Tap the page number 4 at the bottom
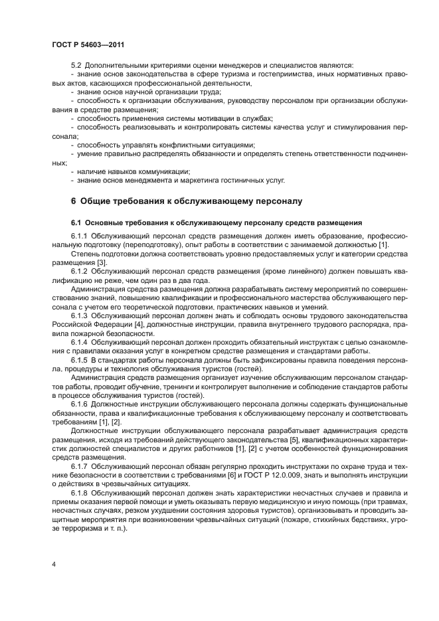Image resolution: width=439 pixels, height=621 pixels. [53, 563]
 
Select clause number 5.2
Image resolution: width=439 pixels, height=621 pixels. [76, 64]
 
